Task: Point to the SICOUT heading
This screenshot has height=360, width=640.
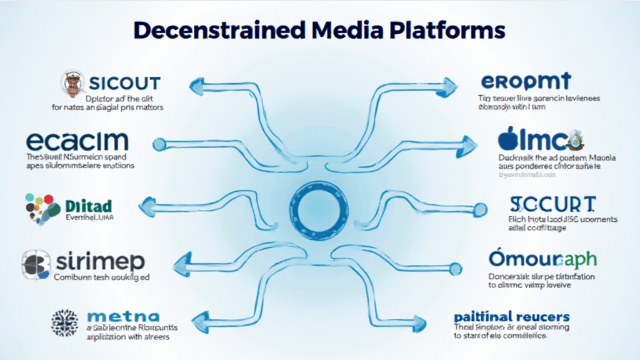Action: click(124, 82)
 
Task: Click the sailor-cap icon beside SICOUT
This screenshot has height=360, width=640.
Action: click(74, 84)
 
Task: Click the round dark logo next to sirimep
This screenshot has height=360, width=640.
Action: click(36, 263)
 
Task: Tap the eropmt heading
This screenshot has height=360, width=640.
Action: click(526, 81)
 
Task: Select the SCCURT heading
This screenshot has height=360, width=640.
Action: click(552, 204)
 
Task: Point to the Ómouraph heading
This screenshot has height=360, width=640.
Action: click(543, 259)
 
